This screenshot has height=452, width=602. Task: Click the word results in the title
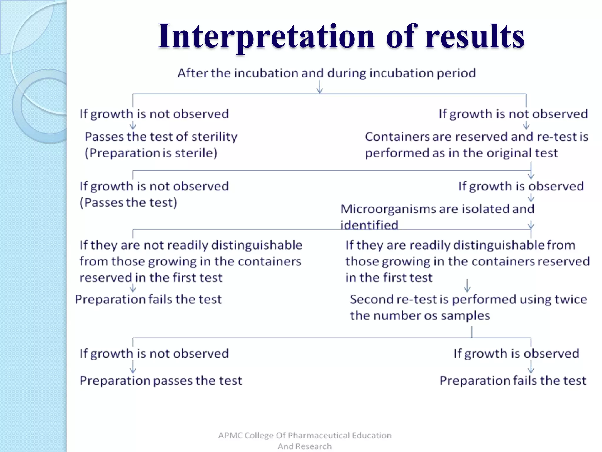[x=474, y=36]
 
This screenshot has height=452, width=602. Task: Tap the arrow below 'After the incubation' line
[x=320, y=87]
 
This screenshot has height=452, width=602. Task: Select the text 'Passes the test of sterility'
[x=161, y=137]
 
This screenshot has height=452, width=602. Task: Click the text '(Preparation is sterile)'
[x=151, y=153]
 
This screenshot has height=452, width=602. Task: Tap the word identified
[x=369, y=225]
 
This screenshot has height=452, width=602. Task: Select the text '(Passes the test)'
[x=128, y=202]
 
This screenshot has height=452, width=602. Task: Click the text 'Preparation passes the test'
[x=161, y=381]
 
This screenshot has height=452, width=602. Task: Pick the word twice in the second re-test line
[x=571, y=300]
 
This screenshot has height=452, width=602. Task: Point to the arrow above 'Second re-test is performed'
[x=467, y=285]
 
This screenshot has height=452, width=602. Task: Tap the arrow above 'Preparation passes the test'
[x=133, y=367]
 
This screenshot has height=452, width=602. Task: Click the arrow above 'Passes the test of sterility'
[x=133, y=126]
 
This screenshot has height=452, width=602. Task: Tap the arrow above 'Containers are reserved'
[x=526, y=126]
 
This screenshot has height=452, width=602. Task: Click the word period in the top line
[x=456, y=73]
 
